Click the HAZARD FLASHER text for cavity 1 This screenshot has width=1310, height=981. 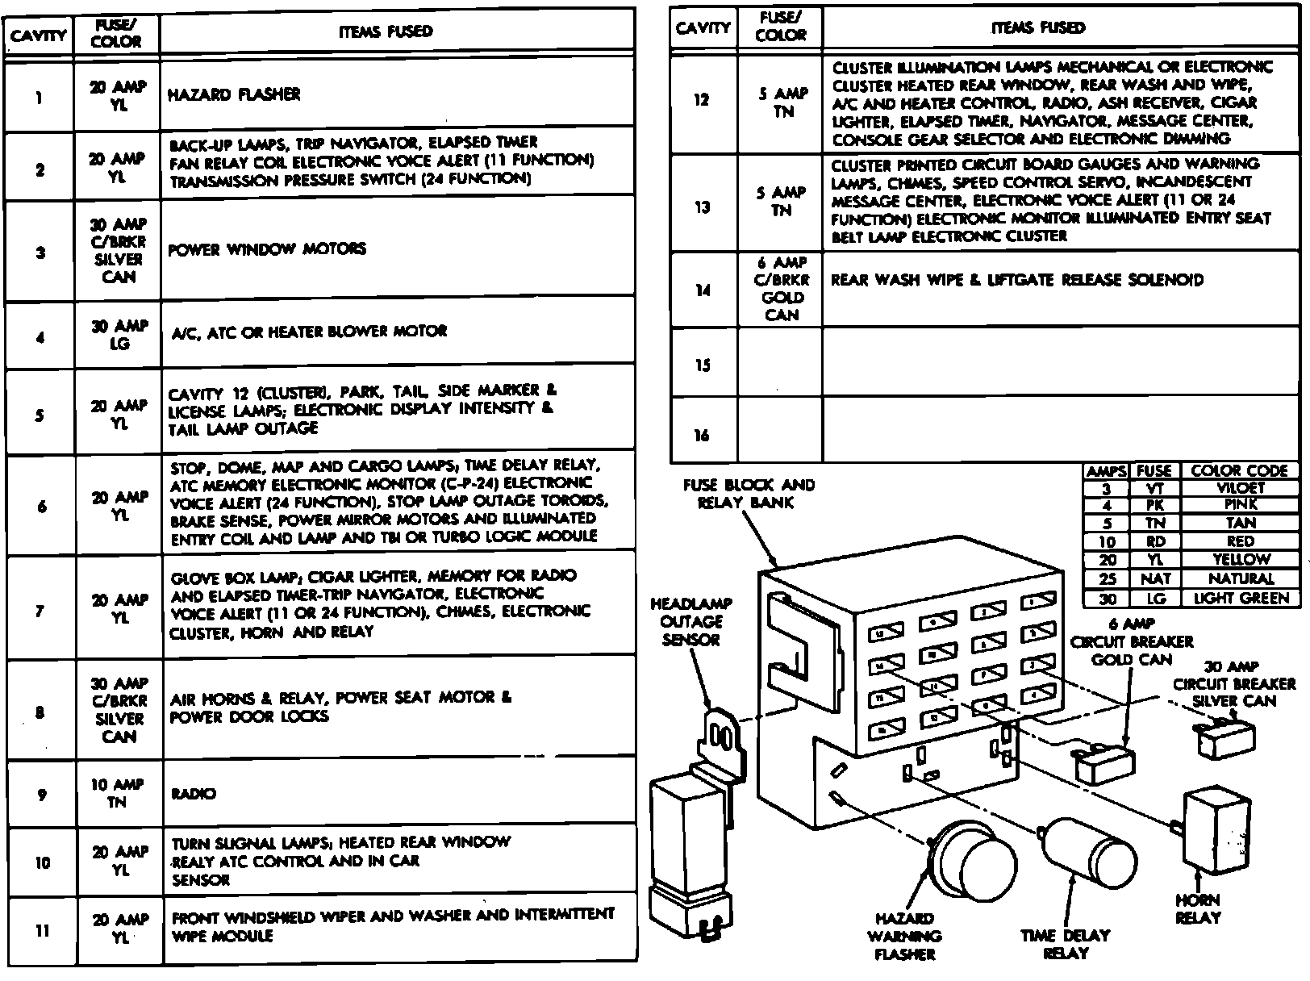tap(234, 94)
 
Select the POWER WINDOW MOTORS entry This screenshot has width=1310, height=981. tap(267, 249)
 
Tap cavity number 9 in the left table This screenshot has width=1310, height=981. tap(40, 794)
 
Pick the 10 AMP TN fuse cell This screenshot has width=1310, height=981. tap(118, 793)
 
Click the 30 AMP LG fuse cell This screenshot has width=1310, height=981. tap(119, 335)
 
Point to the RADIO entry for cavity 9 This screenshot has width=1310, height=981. tap(194, 794)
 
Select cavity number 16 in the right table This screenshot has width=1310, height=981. tap(702, 436)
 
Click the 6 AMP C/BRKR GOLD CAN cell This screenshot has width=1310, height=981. tap(781, 288)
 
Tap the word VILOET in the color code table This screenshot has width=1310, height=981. tap(1240, 487)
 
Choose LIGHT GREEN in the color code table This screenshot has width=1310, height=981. tap(1240, 598)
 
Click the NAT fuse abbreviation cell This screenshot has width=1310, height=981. tap(1154, 578)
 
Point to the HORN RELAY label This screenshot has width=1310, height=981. tap(1198, 908)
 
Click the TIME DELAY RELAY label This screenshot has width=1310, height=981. tap(1065, 945)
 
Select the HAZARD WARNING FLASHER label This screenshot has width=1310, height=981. tap(905, 936)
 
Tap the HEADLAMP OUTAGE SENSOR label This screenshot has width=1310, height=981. tap(690, 621)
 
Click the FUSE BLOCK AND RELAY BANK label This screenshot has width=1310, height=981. tap(749, 494)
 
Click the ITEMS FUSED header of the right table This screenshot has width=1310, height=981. tap(1039, 28)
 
